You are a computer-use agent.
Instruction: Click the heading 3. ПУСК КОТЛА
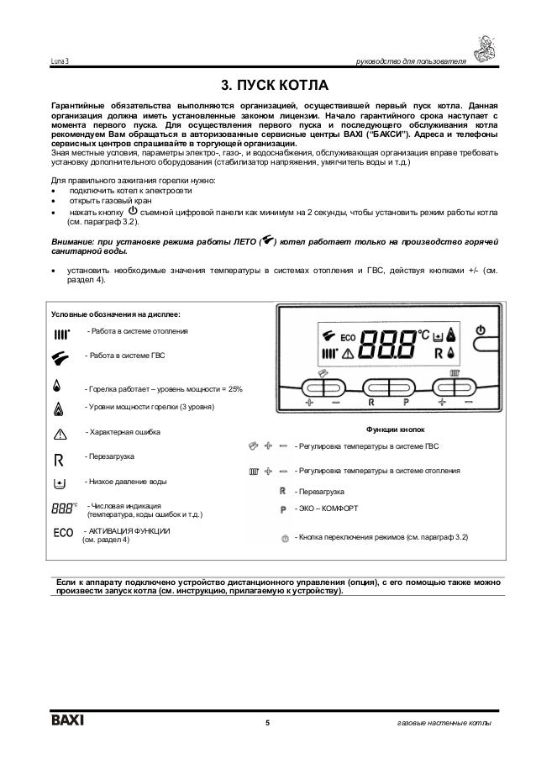tap(269, 86)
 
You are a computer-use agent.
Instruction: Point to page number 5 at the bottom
tap(268, 724)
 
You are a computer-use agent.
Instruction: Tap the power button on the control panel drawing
tap(481, 331)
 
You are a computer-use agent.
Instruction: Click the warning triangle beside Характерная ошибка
tap(59, 433)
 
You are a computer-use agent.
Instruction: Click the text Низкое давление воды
tap(125, 482)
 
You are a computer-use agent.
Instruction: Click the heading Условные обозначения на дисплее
tap(114, 314)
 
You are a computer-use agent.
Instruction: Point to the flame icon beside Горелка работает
tap(57, 387)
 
